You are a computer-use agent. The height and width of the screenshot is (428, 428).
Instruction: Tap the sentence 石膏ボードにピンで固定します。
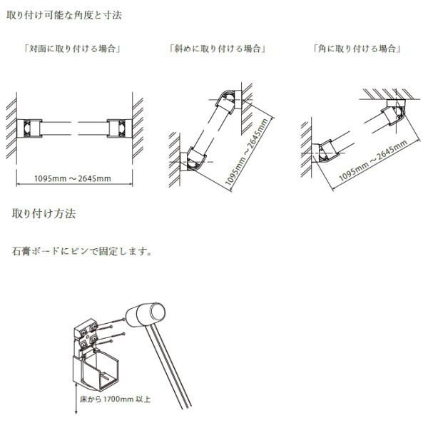[x=82, y=251]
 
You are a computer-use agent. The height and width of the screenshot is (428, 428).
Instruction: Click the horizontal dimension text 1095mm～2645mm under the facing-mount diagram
[x=72, y=178]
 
